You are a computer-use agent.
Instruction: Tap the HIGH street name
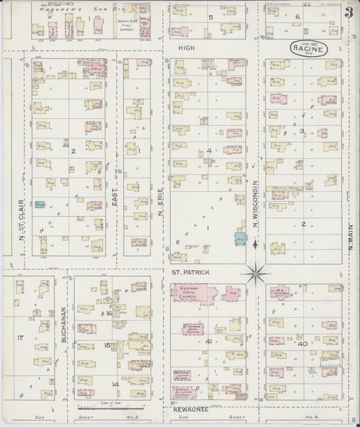[x=186, y=49]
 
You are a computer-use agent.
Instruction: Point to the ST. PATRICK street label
[x=190, y=272]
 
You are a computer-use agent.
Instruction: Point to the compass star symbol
[x=257, y=274]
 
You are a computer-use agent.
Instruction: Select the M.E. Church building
[x=280, y=293]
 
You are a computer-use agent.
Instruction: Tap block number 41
[x=209, y=342]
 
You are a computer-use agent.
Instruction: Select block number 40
[x=303, y=344]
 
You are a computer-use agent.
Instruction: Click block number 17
[x=20, y=336]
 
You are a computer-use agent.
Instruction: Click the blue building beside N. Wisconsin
[x=240, y=238]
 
